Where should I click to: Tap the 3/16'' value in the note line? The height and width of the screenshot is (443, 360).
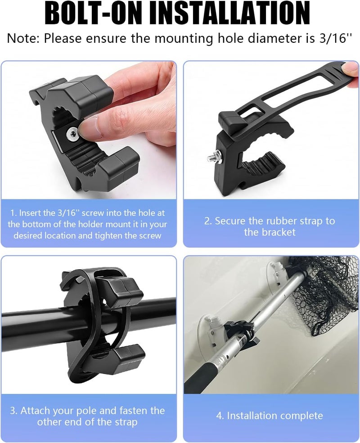point(336,38)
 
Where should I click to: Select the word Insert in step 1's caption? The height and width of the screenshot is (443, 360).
point(30,213)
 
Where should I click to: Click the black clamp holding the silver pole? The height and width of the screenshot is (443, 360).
point(240,334)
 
